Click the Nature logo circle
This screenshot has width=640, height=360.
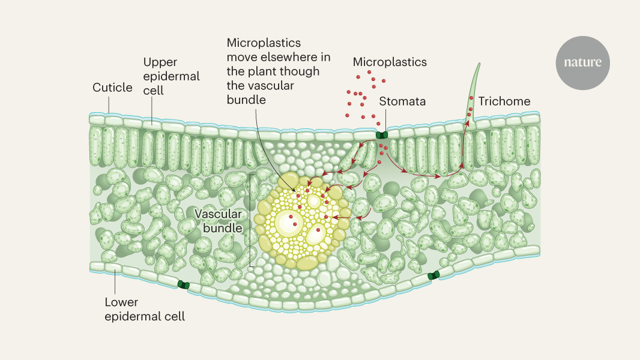point(582,63)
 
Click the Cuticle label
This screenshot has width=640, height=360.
point(112,88)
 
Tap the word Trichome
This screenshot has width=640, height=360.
point(504,101)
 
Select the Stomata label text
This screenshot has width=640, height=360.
point(402,101)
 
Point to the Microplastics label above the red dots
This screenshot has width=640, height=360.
point(390,62)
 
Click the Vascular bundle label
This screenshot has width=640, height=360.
point(219,221)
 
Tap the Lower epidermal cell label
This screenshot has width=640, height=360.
point(145,310)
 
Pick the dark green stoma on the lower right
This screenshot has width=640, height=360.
point(433,275)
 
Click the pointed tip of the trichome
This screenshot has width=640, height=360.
point(478,64)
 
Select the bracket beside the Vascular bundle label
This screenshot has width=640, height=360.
point(251,220)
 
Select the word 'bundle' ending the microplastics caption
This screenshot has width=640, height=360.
point(246,100)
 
